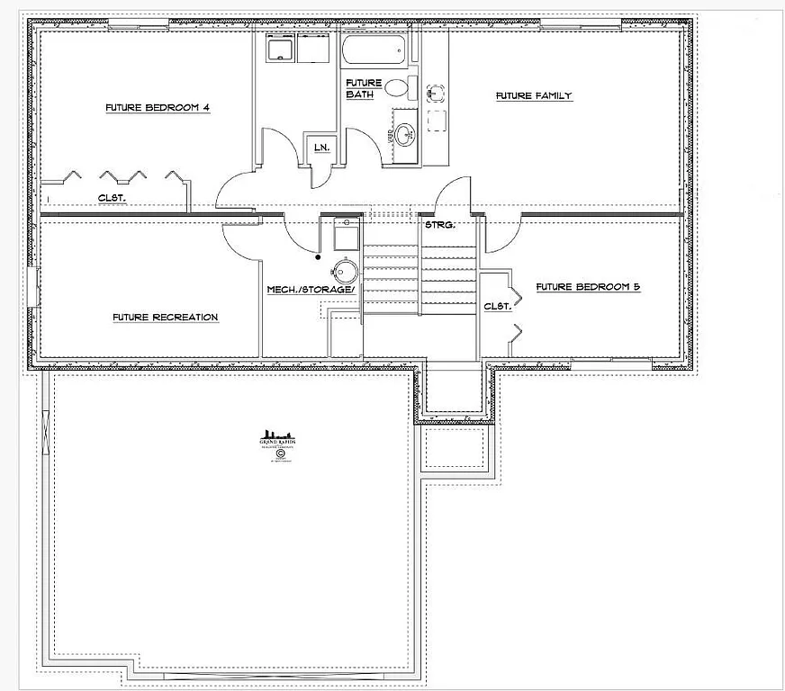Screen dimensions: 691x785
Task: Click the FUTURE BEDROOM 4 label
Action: click(158, 108)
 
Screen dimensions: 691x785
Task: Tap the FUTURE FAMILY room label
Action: click(534, 95)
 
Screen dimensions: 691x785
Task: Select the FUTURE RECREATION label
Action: click(165, 317)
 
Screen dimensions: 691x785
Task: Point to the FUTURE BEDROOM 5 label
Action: click(588, 287)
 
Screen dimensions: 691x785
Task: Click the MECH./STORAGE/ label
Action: click(311, 290)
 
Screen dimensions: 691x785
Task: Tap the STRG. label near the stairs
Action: click(440, 225)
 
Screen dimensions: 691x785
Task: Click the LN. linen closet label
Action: click(320, 148)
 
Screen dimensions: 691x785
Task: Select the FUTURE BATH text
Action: click(364, 88)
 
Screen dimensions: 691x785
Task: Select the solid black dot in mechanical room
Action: click(318, 257)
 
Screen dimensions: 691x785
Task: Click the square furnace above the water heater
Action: click(347, 236)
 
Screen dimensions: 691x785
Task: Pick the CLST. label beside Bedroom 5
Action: click(498, 306)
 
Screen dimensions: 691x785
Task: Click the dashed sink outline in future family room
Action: click(436, 93)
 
